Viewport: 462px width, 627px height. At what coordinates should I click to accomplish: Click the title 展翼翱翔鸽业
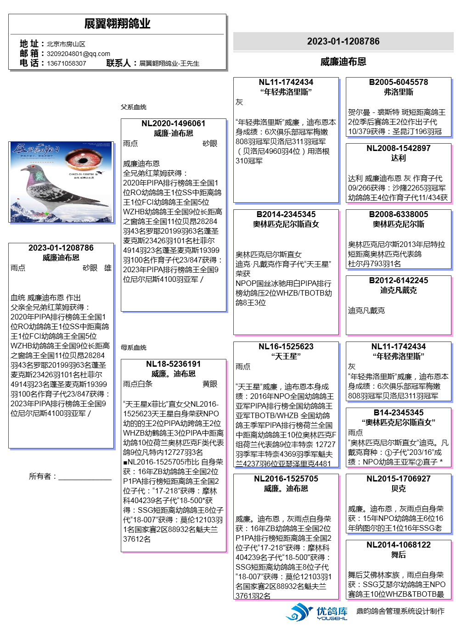[117, 23]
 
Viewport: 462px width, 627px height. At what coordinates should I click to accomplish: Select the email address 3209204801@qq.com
[79, 54]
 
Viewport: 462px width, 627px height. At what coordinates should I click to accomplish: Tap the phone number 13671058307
[66, 63]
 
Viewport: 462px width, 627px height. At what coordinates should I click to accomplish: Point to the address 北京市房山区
[66, 44]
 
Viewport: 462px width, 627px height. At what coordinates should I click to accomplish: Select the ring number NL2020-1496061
[173, 123]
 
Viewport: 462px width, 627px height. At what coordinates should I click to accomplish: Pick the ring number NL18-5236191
[173, 364]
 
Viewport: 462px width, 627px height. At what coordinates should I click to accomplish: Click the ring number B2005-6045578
[398, 82]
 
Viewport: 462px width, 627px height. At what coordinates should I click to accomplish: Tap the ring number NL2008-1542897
[398, 148]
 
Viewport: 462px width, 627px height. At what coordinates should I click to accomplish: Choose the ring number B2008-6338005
[398, 214]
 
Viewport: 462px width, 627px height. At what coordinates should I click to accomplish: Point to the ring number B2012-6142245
[398, 280]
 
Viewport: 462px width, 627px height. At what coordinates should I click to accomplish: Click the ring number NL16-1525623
[286, 347]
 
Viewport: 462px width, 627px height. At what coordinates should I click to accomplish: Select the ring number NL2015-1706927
[398, 479]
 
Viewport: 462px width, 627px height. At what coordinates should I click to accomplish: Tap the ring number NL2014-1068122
[398, 545]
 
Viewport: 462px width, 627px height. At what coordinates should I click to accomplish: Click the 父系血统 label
[134, 107]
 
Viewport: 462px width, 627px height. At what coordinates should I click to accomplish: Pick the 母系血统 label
[134, 347]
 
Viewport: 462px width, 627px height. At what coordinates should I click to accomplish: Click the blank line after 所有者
[85, 477]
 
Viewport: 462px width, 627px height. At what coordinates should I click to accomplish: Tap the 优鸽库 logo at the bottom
[317, 612]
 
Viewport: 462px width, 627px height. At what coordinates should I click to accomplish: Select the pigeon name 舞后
[398, 554]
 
